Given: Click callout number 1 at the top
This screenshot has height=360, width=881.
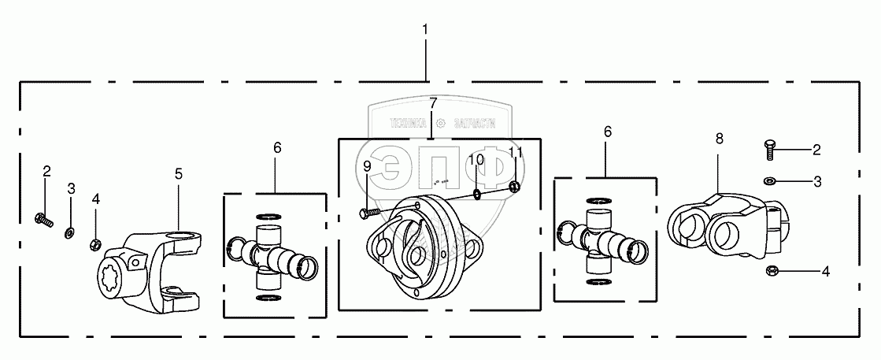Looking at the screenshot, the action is (425, 29).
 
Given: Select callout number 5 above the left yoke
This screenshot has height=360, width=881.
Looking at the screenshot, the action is (179, 173).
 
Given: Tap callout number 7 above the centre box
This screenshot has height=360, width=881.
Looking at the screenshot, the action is (432, 103).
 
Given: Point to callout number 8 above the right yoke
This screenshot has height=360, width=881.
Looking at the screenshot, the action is (719, 139).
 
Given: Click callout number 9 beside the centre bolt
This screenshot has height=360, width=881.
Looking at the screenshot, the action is (367, 166).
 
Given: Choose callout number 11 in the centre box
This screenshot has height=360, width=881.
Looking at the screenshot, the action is (515, 151).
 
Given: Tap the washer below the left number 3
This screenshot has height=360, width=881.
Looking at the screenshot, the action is (69, 231).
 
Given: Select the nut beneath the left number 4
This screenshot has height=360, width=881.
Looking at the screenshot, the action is (95, 243).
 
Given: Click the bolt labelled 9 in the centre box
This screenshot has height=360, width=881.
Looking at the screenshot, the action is (369, 211).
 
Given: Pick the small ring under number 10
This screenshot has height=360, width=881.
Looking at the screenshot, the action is (477, 194).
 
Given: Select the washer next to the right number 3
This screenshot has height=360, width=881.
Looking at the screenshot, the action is (769, 181).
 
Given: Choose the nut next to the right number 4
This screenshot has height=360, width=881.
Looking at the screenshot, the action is (771, 272).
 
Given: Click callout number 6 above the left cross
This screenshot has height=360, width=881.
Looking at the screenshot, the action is (276, 147).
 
